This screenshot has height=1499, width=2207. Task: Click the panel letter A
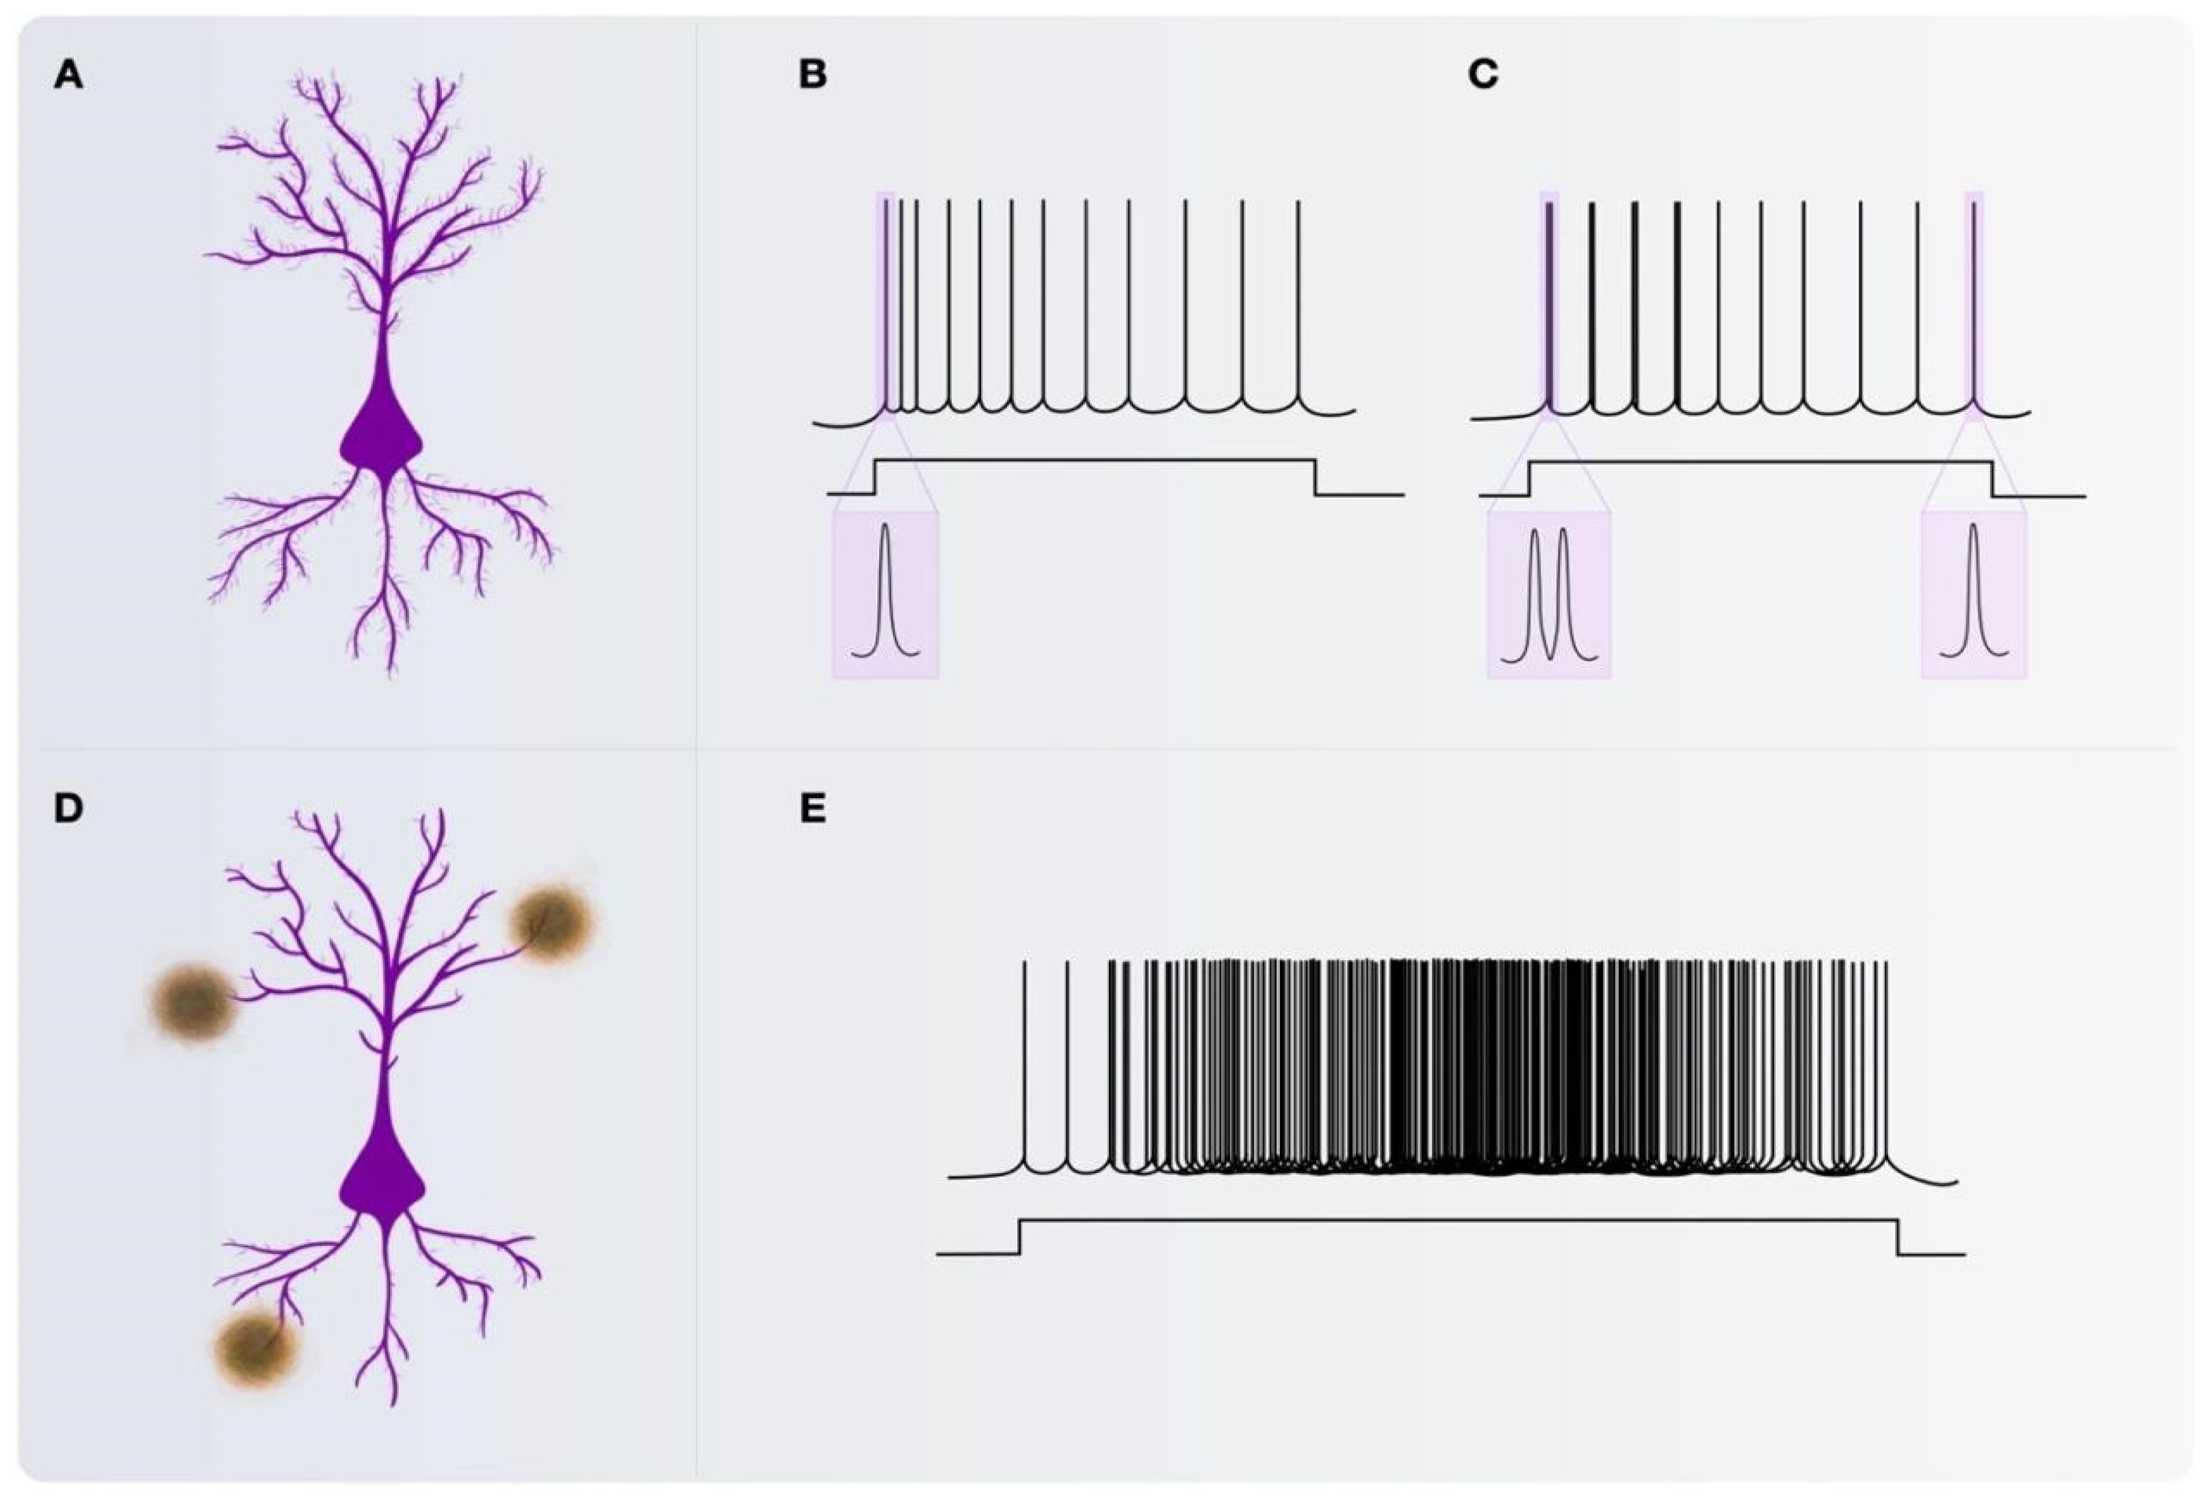tap(68, 74)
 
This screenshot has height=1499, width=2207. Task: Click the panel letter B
tap(813, 74)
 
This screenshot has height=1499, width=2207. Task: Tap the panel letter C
tap(1483, 74)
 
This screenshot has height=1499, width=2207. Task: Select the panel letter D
tap(68, 808)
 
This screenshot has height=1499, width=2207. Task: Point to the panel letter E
tap(813, 808)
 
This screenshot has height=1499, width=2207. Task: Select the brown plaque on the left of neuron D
tap(193, 1000)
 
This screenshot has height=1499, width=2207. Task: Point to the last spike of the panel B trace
tap(1298, 304)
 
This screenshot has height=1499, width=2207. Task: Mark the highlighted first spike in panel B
tap(885, 304)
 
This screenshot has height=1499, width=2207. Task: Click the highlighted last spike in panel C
tap(1974, 304)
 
